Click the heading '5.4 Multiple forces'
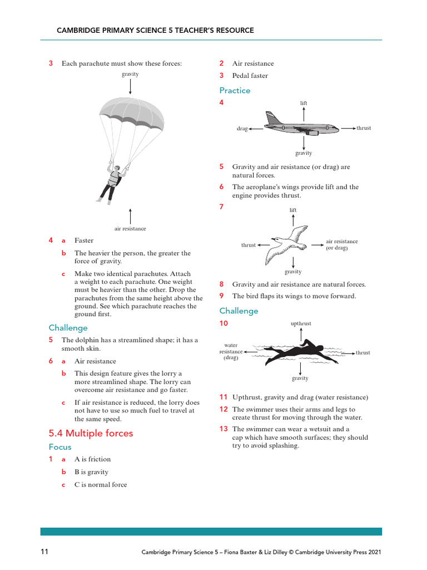click(91, 433)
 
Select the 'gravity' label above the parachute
click(130, 74)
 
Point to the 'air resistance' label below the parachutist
click(130, 228)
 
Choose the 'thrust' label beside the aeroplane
click(364, 128)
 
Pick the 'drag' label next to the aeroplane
click(242, 129)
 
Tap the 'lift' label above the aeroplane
click(304, 103)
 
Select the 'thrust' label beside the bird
click(249, 245)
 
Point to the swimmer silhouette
click(300, 352)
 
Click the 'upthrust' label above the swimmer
click(301, 323)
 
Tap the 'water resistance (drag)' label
click(231, 351)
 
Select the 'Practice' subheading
click(235, 90)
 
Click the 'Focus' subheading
click(60, 446)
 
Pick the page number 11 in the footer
click(44, 552)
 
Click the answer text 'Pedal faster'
click(250, 76)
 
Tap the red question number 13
click(224, 429)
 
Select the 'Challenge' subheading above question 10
click(239, 311)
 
